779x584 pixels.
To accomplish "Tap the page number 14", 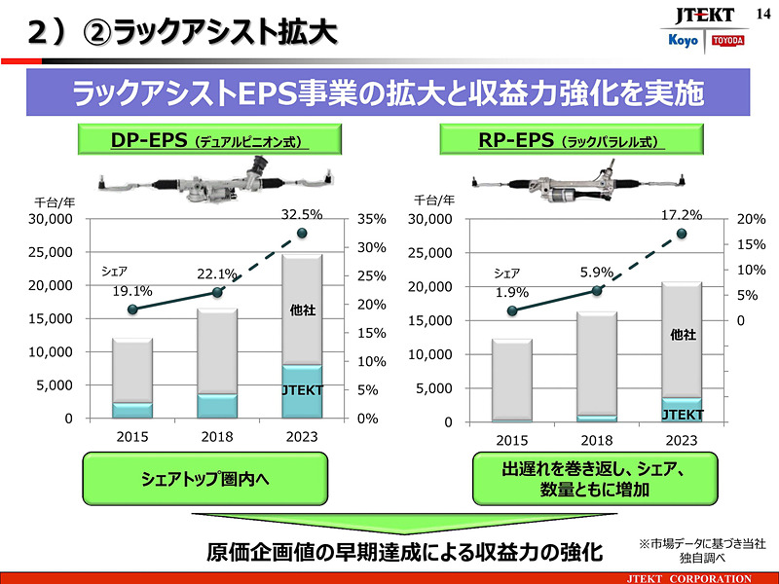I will [x=761, y=11].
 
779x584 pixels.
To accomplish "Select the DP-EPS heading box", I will [x=213, y=141].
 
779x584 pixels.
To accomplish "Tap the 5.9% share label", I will [x=597, y=273].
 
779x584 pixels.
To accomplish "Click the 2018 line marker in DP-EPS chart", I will [x=217, y=292].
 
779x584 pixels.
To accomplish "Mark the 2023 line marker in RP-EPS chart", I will [x=681, y=234].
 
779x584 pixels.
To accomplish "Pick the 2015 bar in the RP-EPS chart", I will [x=511, y=380].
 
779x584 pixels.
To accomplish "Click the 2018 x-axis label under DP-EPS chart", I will [x=217, y=437].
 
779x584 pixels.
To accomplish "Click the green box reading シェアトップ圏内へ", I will [x=215, y=478].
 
